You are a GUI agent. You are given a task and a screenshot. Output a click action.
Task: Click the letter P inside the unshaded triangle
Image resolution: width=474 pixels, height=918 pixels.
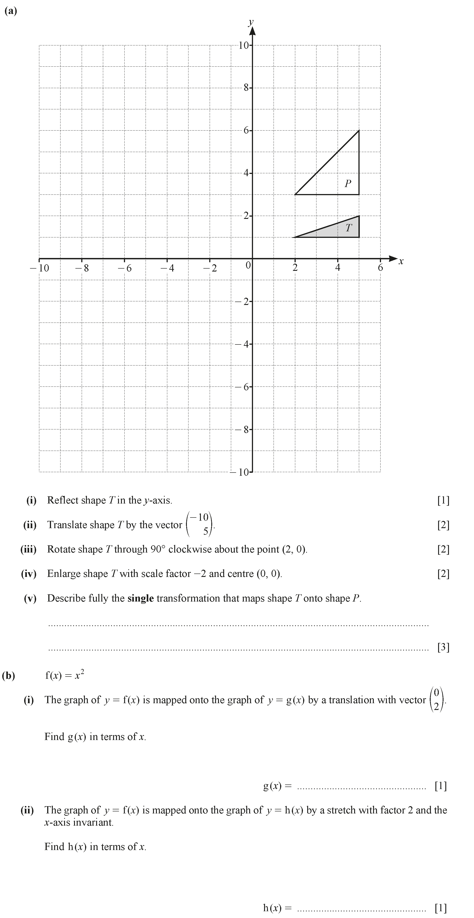tap(348, 183)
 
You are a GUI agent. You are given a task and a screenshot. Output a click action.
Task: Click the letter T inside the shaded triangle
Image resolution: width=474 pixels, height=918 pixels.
tap(349, 228)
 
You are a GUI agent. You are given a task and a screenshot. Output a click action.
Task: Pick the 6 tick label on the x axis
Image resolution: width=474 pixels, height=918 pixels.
tap(380, 268)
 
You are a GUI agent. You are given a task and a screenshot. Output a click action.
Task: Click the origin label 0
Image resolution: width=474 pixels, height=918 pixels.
tap(248, 265)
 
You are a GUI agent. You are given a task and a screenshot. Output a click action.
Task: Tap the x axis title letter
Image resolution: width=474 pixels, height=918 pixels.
tap(401, 262)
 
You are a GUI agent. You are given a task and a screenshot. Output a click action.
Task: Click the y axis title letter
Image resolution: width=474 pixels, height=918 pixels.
tap(251, 22)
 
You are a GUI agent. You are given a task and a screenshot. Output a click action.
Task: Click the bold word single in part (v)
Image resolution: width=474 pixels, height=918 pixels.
tap(140, 598)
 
